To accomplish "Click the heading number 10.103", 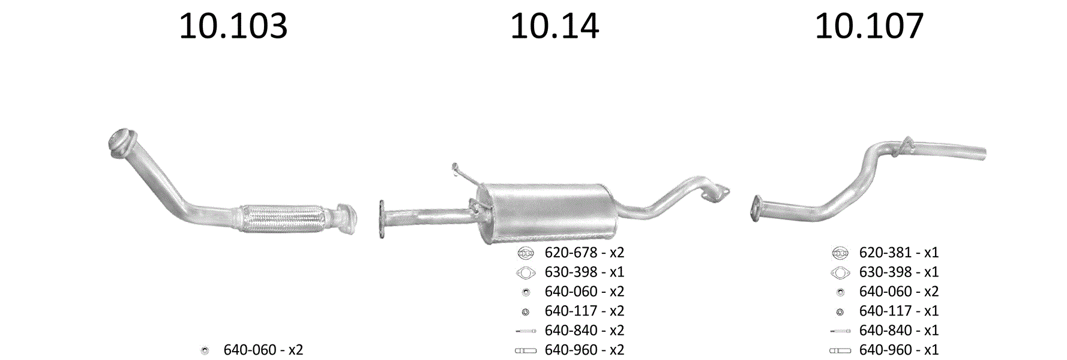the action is (x=233, y=26).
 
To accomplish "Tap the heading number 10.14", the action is (x=555, y=26).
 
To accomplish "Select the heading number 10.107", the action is (x=869, y=26).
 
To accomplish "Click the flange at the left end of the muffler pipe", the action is (x=382, y=220).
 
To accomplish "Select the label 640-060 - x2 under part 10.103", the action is (x=263, y=350).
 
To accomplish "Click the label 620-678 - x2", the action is (x=585, y=253).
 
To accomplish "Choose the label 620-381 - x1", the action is (x=899, y=253).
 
